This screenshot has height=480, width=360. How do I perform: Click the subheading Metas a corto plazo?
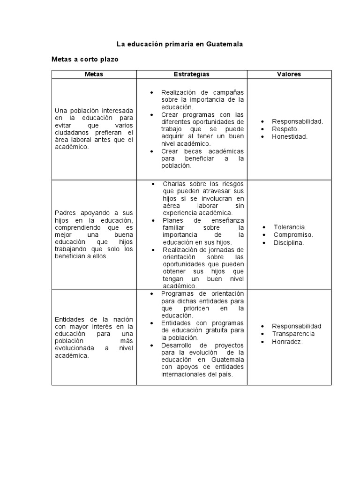pos(85,60)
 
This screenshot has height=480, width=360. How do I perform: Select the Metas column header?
pos(94,74)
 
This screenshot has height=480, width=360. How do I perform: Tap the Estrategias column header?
pos(191,74)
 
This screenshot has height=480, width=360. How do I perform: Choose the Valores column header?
pos(289,74)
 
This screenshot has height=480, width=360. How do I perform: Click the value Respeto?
pos(285,129)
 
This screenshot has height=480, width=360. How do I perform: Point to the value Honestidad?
pos(290,136)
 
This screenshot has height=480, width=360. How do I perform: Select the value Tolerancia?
pos(290,227)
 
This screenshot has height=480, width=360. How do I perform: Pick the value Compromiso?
pos(293,235)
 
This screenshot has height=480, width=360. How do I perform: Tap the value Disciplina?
pos(289,243)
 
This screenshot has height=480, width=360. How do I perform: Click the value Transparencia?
pos(293,334)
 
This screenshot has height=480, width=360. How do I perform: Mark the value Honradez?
pos(287,342)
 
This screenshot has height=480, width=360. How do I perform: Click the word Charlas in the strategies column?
pos(173,184)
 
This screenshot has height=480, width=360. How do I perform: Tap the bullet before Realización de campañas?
pos(151,92)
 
